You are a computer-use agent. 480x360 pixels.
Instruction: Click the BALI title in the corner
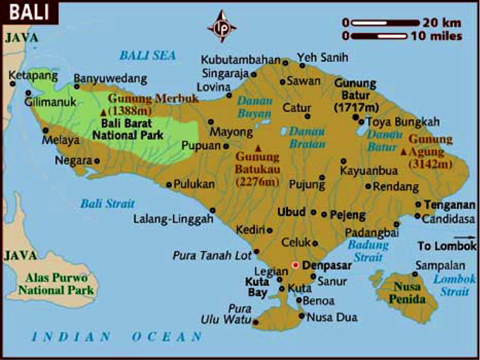27,10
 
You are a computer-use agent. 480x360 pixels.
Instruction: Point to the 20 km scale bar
385,23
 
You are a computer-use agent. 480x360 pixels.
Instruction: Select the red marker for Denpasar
295,265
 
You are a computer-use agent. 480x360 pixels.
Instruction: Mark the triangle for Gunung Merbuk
103,112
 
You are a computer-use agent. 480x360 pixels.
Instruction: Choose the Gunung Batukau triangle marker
258,147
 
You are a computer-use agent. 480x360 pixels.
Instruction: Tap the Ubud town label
291,213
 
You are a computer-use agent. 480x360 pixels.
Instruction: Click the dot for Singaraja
254,74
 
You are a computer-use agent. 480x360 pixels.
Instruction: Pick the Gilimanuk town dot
28,93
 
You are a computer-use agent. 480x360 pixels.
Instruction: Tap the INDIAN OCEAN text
117,337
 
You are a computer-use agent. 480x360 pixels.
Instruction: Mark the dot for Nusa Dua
302,316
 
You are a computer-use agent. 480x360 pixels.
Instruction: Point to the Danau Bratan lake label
307,138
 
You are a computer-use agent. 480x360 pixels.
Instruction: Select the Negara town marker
97,160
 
